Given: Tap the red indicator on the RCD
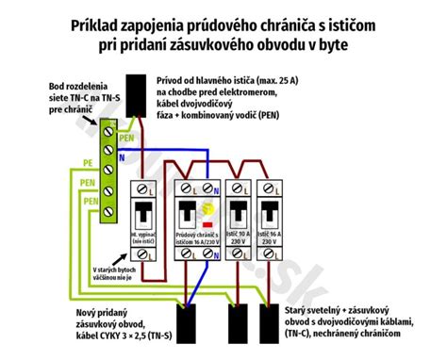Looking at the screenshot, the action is point(207,224).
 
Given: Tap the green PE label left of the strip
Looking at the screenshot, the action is point(86,162).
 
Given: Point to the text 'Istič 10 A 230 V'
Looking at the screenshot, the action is point(241,237).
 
